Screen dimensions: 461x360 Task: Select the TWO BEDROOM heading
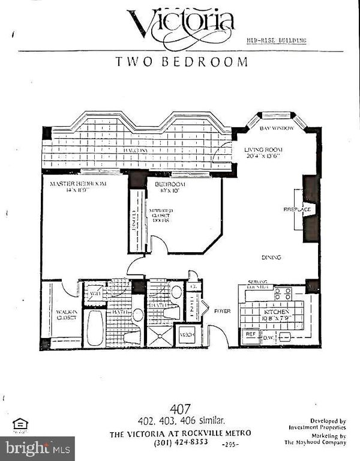(x=181, y=61)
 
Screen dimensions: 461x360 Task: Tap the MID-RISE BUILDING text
(x=277, y=41)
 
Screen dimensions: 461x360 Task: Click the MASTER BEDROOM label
(x=78, y=184)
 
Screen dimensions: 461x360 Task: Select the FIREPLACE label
(x=296, y=209)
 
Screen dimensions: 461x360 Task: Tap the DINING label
(x=271, y=258)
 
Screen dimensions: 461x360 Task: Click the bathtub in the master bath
(x=95, y=327)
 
